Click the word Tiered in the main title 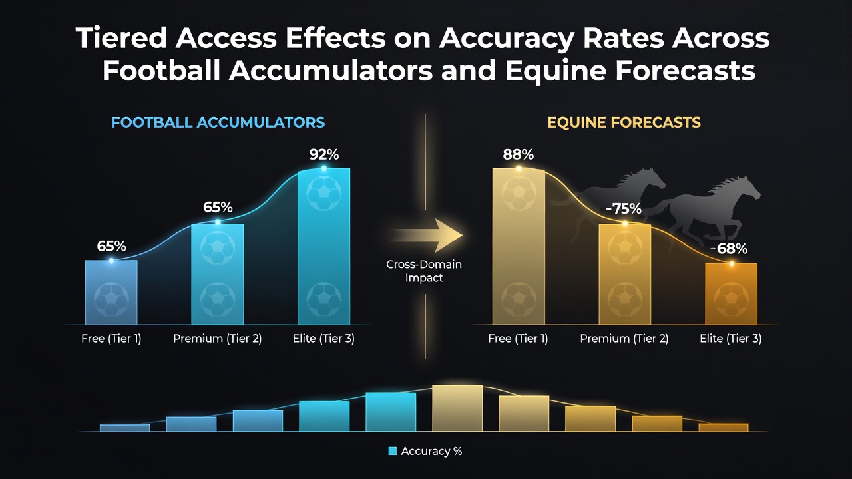click(121, 38)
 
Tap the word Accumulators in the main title click(331, 71)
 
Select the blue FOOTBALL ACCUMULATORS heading click(218, 122)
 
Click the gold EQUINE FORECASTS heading click(624, 122)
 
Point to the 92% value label click(323, 154)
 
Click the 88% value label click(518, 154)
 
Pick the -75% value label click(623, 208)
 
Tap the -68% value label click(729, 249)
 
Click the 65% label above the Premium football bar click(218, 207)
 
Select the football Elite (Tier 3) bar click(323, 246)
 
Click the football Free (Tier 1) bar click(111, 292)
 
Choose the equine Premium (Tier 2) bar click(624, 274)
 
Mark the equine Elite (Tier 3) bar click(731, 294)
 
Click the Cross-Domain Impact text click(424, 271)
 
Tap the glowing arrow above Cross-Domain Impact click(426, 236)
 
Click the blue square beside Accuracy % click(392, 451)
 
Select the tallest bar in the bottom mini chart click(457, 408)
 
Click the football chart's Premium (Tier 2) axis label click(217, 339)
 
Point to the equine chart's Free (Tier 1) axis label click(518, 339)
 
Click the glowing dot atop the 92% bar click(323, 168)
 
